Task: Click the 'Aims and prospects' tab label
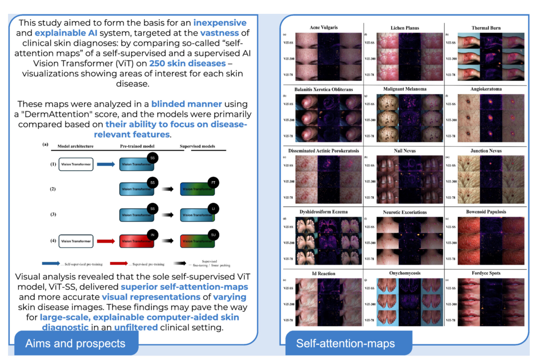click(x=75, y=343)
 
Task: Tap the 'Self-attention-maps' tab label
click(x=345, y=343)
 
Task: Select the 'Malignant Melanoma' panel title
click(x=405, y=89)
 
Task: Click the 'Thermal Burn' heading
click(x=486, y=28)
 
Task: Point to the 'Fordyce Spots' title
click(x=486, y=273)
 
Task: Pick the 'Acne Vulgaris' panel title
click(x=323, y=27)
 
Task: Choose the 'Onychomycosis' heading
click(x=405, y=273)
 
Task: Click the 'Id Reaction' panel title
click(x=323, y=273)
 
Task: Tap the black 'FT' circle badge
click(x=213, y=183)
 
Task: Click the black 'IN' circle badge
click(x=152, y=235)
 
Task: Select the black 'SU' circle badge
click(x=213, y=235)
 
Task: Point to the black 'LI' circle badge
click(x=213, y=209)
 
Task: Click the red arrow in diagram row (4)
click(x=105, y=241)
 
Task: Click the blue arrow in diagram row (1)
click(x=105, y=164)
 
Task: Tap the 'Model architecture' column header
click(x=76, y=146)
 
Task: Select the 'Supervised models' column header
click(x=197, y=146)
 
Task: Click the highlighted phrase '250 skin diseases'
click(x=187, y=63)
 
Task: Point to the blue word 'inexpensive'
click(x=220, y=23)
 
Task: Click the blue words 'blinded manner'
click(x=186, y=104)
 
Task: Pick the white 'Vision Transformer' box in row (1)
click(x=76, y=164)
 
